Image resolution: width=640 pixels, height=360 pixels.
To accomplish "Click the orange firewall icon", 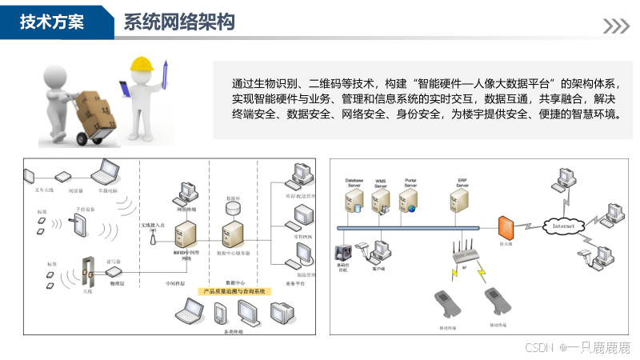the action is tap(505, 226).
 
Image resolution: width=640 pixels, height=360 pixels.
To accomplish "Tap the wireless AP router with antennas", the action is tap(466, 254).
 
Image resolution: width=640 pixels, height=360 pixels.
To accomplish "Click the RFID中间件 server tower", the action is tap(185, 233).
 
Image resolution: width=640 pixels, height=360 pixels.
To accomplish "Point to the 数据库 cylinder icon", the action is tap(233, 206).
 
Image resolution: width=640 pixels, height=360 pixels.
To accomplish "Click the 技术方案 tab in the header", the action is tap(53, 22).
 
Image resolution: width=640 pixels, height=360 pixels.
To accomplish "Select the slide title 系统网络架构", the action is tap(179, 22).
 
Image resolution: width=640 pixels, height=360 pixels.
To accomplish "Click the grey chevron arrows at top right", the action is tap(615, 26).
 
